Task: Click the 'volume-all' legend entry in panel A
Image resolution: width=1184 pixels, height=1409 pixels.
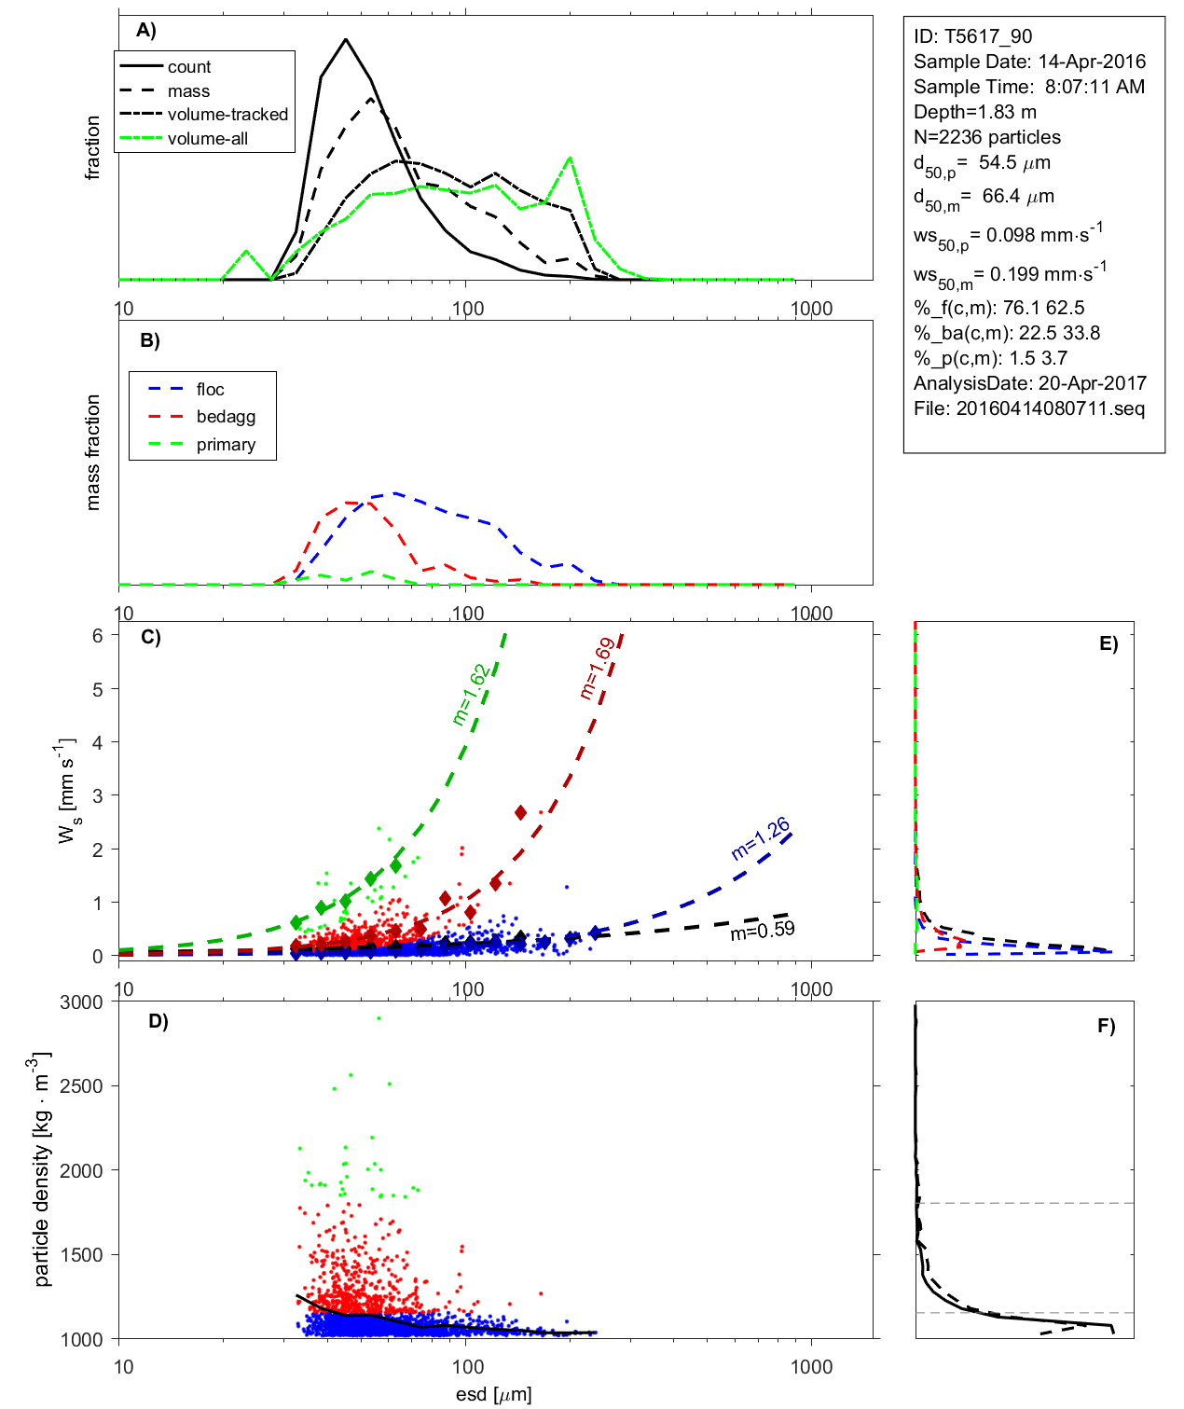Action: pyautogui.click(x=207, y=139)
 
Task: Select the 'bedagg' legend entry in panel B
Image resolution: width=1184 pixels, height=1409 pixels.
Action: pyautogui.click(x=226, y=417)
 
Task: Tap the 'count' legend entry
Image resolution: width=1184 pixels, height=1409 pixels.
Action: pyautogui.click(x=189, y=67)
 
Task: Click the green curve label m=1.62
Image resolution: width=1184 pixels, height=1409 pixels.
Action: pyautogui.click(x=470, y=695)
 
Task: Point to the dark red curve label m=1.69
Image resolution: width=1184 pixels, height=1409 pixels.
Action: pyautogui.click(x=597, y=668)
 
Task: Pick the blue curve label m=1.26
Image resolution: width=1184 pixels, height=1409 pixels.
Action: pyautogui.click(x=761, y=837)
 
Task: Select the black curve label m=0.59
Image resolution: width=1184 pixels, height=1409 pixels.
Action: pyautogui.click(x=763, y=930)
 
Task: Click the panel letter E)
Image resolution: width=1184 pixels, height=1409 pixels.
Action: pyautogui.click(x=1108, y=643)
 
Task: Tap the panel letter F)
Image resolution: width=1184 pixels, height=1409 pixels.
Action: pyautogui.click(x=1106, y=1026)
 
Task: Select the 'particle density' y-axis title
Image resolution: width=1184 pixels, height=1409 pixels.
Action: pyautogui.click(x=42, y=1169)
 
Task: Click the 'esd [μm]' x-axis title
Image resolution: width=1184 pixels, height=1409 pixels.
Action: pyautogui.click(x=493, y=1395)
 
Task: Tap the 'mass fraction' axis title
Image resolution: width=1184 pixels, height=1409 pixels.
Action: pyautogui.click(x=92, y=452)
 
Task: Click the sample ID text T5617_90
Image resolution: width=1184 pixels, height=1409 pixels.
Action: pyautogui.click(x=972, y=36)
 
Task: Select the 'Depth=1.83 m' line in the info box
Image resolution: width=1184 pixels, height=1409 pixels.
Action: pyautogui.click(x=974, y=112)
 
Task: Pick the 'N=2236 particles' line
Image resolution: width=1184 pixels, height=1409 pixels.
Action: pyautogui.click(x=986, y=137)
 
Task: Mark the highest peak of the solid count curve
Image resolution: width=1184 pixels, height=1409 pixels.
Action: pyautogui.click(x=346, y=39)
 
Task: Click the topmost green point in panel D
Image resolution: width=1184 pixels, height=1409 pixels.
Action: pyautogui.click(x=379, y=1018)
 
